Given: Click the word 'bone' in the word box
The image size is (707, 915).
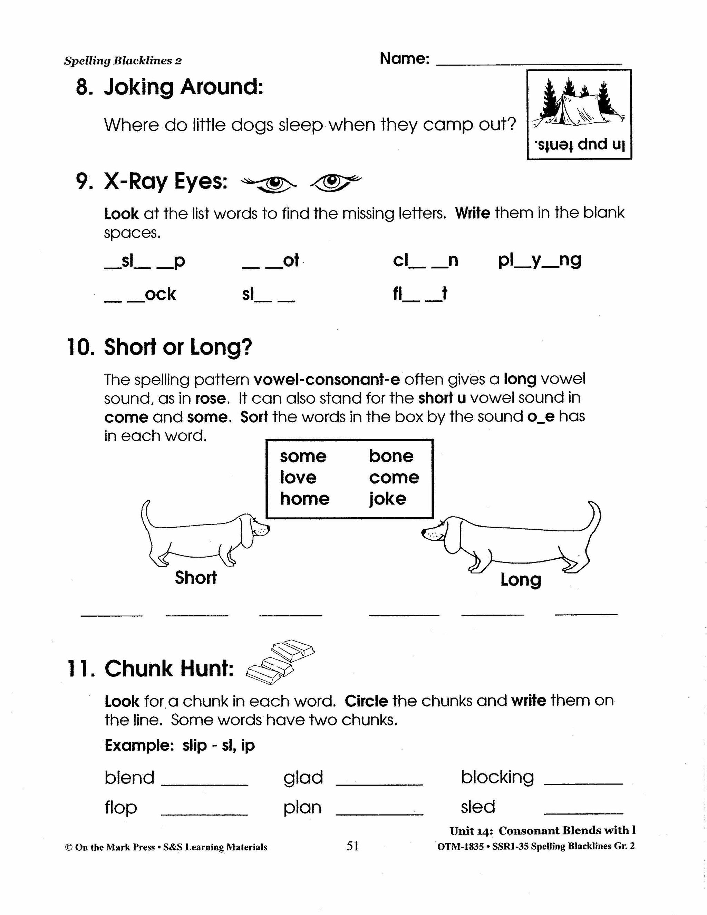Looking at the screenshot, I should click(x=391, y=456).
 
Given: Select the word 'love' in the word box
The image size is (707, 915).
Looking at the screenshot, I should click(x=298, y=477).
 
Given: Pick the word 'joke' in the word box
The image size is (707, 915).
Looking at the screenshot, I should click(x=387, y=499).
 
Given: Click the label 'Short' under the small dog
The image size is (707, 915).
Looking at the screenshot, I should click(x=196, y=577).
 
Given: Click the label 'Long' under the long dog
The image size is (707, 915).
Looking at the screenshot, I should click(x=521, y=580).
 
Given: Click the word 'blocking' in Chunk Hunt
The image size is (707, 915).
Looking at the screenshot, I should click(x=497, y=777).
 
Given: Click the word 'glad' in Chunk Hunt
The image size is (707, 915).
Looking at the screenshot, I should click(x=303, y=778).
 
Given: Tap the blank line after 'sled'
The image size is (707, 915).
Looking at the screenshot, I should click(x=583, y=813).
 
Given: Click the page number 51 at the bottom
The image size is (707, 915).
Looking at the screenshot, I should click(x=353, y=846).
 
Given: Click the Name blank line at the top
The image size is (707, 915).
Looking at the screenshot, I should click(x=529, y=63).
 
